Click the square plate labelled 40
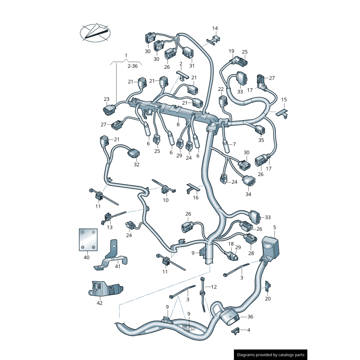point(88,240)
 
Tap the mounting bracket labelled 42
point(105,289)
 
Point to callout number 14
point(215,28)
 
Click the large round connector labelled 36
point(229,317)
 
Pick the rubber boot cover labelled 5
point(270,246)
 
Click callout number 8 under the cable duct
point(178,125)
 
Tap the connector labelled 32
point(134,153)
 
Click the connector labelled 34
point(249,182)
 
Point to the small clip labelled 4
point(235,331)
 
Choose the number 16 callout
point(196,198)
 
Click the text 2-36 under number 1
point(132,66)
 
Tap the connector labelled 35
point(261,130)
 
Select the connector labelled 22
point(223,101)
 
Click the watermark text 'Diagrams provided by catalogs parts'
point(271,355)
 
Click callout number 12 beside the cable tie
point(214,287)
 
